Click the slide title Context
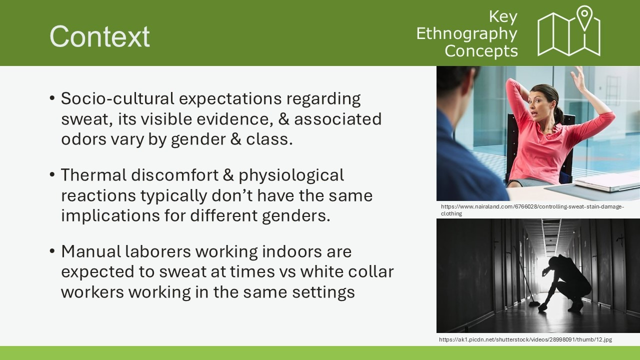[x=99, y=36]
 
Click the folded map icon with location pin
[x=569, y=31]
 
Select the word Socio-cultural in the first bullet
[x=117, y=98]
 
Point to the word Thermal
[x=93, y=174]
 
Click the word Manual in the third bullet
[x=91, y=251]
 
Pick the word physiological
[x=291, y=176]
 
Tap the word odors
[x=83, y=139]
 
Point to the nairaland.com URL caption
[x=532, y=210]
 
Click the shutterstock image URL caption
[x=525, y=339]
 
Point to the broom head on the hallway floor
[x=533, y=304]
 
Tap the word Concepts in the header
[x=481, y=51]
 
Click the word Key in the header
[x=503, y=17]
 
